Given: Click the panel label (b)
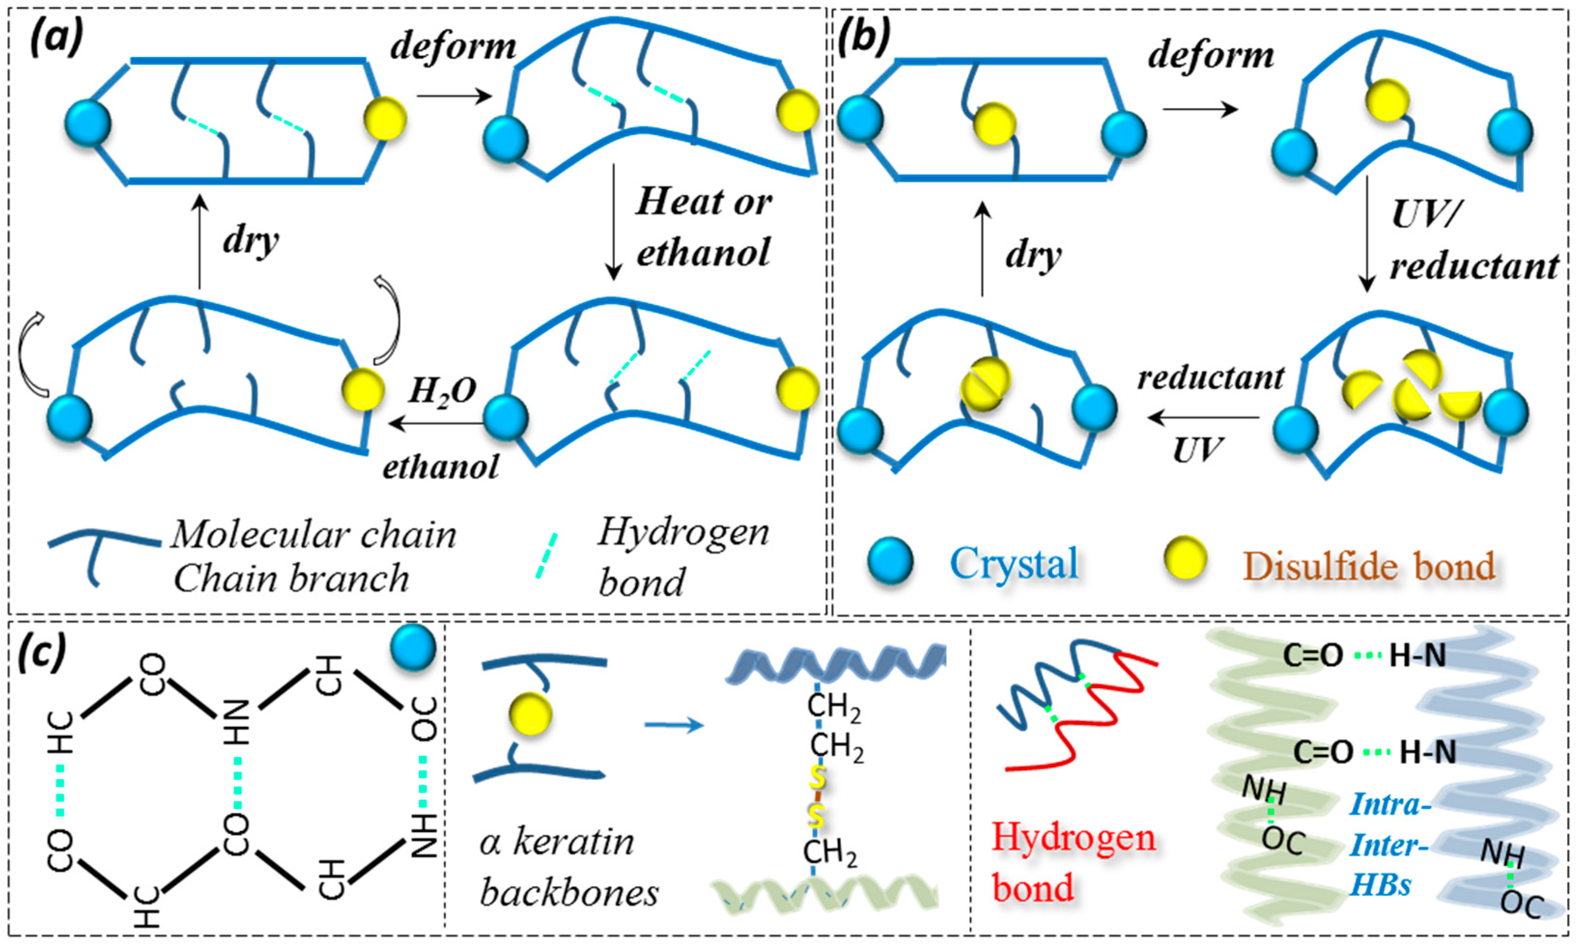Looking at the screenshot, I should pyautogui.click(x=864, y=38).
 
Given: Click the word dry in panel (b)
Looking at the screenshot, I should pyautogui.click(x=1033, y=255).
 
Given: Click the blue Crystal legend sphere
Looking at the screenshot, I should pyautogui.click(x=890, y=560).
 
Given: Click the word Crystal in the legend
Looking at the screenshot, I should pyautogui.click(x=1014, y=563).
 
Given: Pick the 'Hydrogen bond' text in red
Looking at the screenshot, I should pyautogui.click(x=1073, y=863).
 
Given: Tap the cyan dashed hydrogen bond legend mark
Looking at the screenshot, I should pyautogui.click(x=546, y=555).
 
